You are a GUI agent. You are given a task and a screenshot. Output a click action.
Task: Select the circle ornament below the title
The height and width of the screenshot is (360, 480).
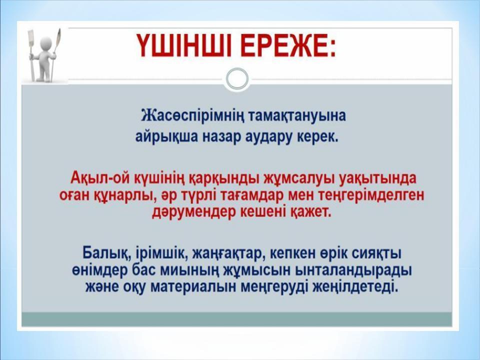point(236,79)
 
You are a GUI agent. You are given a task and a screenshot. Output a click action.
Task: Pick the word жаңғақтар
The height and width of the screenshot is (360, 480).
point(228,252)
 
